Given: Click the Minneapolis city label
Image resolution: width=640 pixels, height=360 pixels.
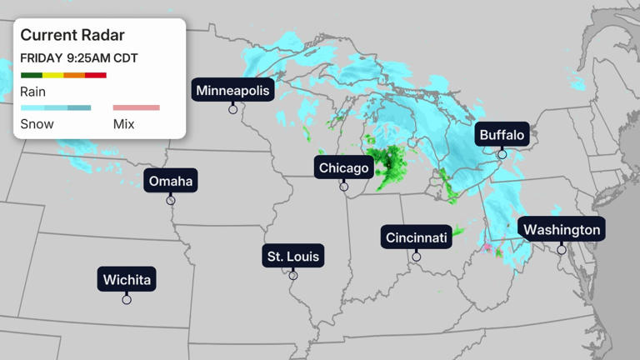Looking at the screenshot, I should pyautogui.click(x=233, y=90).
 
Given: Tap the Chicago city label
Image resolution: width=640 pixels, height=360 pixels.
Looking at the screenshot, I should pyautogui.click(x=343, y=168).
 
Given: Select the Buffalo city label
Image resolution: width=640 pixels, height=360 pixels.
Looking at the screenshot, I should pyautogui.click(x=502, y=135).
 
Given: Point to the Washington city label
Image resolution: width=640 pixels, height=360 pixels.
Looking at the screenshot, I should pyautogui.click(x=562, y=229).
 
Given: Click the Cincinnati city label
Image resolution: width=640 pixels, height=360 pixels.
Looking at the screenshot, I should pyautogui.click(x=417, y=237).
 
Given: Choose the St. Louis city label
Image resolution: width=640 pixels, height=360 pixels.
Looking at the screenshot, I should pyautogui.click(x=292, y=256).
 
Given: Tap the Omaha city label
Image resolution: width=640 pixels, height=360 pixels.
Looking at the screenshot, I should pyautogui.click(x=171, y=181).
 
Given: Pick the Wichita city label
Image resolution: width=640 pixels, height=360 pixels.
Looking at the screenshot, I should pyautogui.click(x=127, y=279).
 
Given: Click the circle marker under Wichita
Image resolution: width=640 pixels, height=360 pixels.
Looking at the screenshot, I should pyautogui.click(x=127, y=300).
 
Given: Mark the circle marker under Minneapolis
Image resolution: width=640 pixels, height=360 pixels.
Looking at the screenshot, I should pyautogui.click(x=233, y=109).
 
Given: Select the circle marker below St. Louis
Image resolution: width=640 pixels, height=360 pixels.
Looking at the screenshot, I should pyautogui.click(x=292, y=276).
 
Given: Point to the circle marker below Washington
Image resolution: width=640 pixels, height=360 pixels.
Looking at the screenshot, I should pyautogui.click(x=562, y=249).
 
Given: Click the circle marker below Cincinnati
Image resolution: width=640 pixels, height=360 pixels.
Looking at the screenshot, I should pyautogui.click(x=417, y=257).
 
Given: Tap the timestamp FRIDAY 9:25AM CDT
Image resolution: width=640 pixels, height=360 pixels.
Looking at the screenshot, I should pyautogui.click(x=79, y=58).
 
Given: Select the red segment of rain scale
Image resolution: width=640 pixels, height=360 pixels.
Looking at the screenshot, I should pyautogui.click(x=96, y=76).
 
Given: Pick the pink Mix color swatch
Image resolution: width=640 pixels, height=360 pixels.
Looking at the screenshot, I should pyautogui.click(x=136, y=107).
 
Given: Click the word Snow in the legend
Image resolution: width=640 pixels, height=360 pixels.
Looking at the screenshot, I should pyautogui.click(x=37, y=124).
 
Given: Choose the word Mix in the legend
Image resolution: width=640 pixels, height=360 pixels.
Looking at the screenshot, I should pyautogui.click(x=123, y=124).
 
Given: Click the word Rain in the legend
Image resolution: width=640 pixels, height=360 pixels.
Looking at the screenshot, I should pyautogui.click(x=33, y=92).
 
